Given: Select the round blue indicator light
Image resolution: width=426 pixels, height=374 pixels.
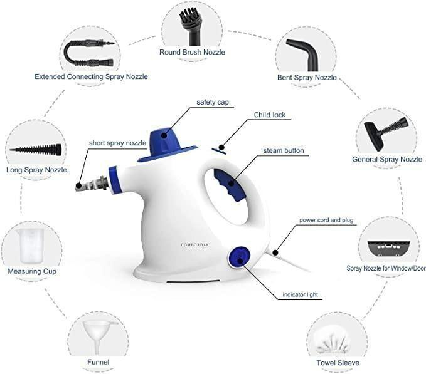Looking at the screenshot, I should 238,256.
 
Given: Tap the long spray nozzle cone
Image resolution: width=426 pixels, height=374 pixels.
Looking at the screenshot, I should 35,150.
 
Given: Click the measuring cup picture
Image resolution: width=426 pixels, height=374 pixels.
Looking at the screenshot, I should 31,245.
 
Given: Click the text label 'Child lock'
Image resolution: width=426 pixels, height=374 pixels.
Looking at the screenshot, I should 270,115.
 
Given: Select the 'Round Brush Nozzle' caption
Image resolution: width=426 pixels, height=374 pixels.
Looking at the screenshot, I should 192,52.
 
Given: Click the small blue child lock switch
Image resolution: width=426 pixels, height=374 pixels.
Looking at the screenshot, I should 220,149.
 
